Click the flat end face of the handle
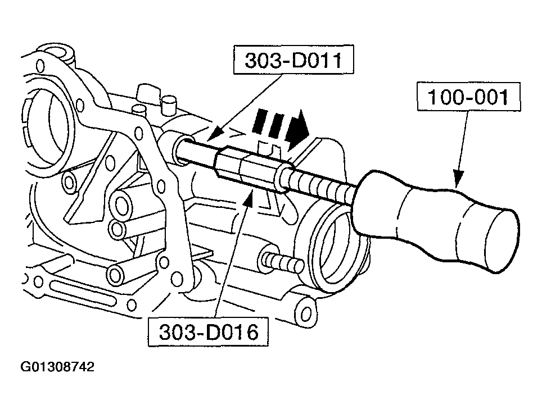point(495,242)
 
